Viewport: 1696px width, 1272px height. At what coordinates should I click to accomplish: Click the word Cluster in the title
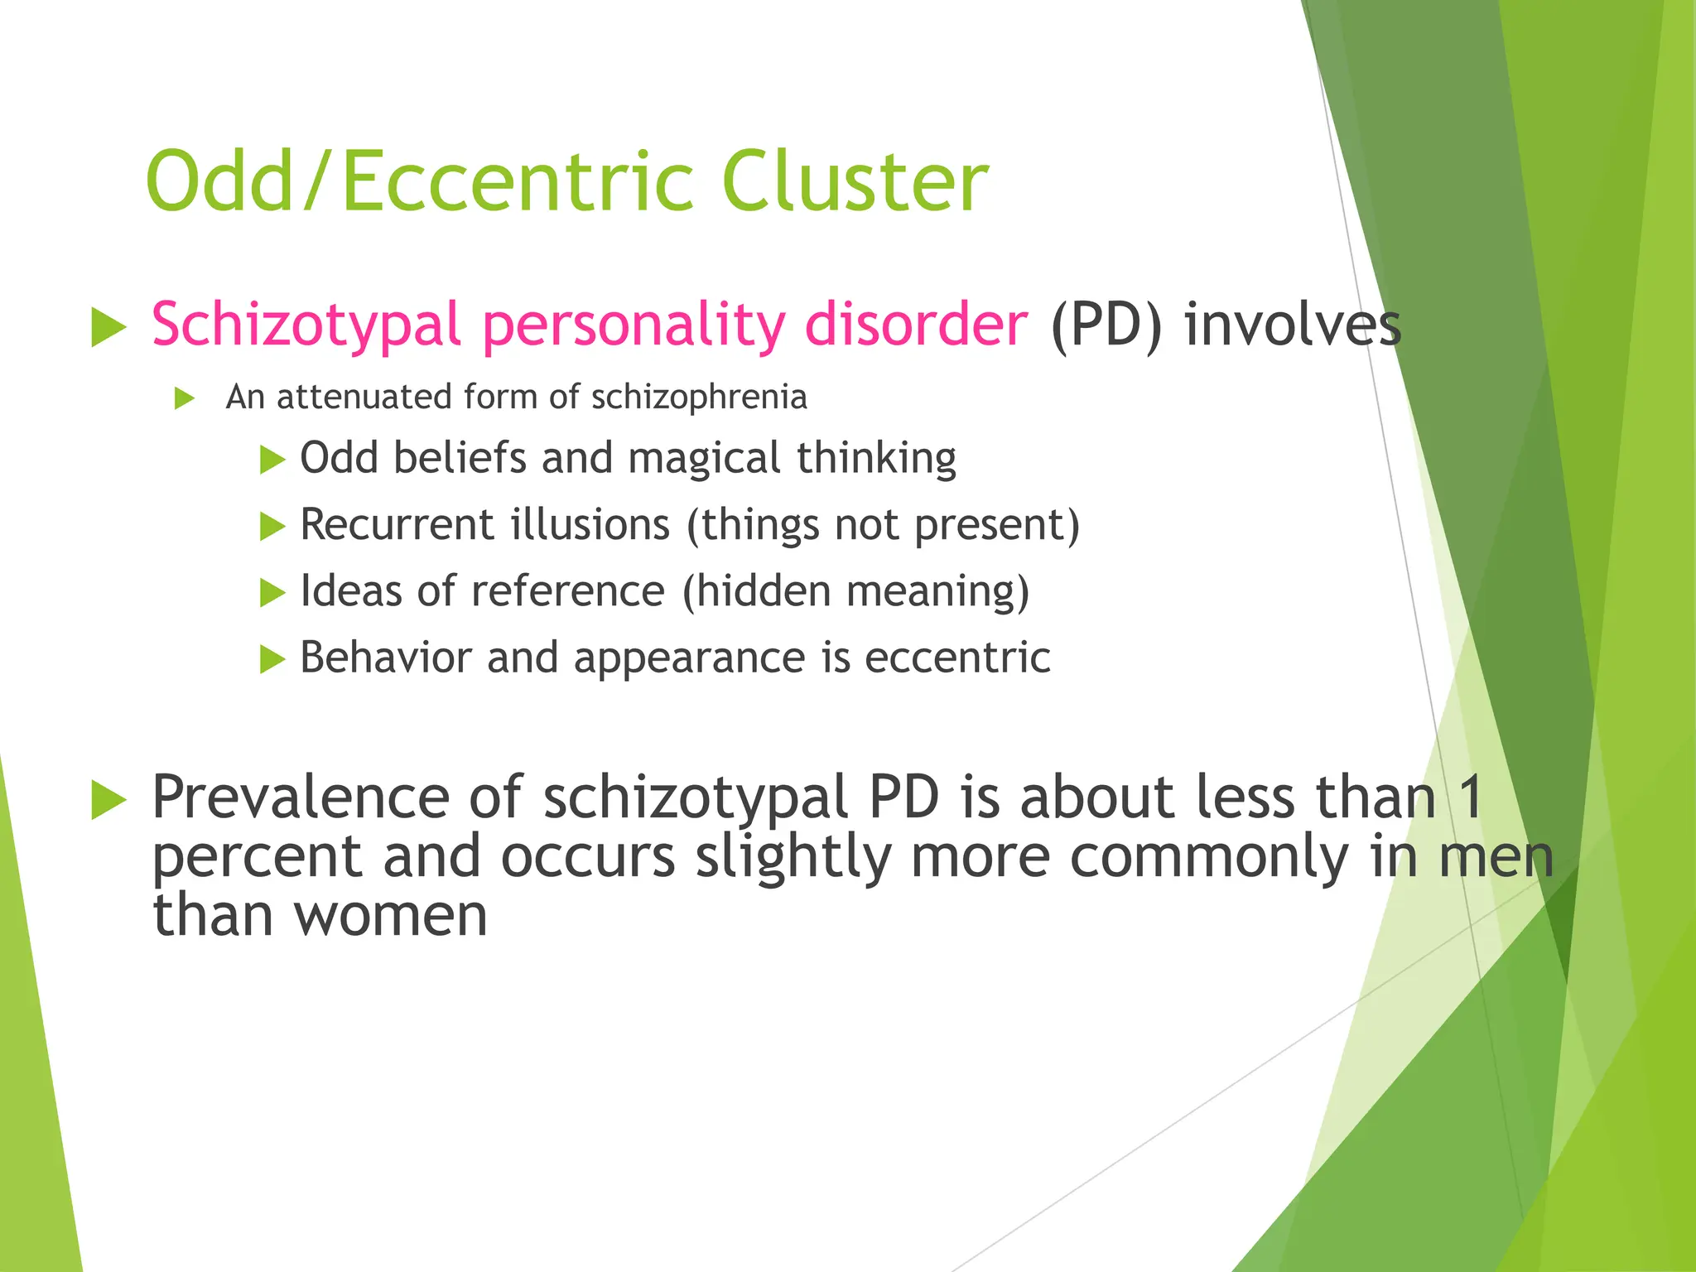point(855,181)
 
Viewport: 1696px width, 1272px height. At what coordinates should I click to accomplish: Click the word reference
point(568,591)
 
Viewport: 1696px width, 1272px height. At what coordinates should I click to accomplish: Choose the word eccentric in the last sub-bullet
point(957,658)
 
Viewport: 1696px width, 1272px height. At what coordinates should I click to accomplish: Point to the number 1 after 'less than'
point(1471,797)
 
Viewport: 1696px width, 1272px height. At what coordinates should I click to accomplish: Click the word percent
point(257,858)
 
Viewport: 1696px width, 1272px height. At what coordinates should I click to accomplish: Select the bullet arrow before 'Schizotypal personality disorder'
point(108,327)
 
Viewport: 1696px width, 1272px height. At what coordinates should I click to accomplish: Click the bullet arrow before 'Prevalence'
point(108,800)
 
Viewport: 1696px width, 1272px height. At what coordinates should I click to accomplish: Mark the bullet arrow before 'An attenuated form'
point(185,399)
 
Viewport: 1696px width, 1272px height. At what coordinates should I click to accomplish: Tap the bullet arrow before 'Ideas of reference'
point(272,593)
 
